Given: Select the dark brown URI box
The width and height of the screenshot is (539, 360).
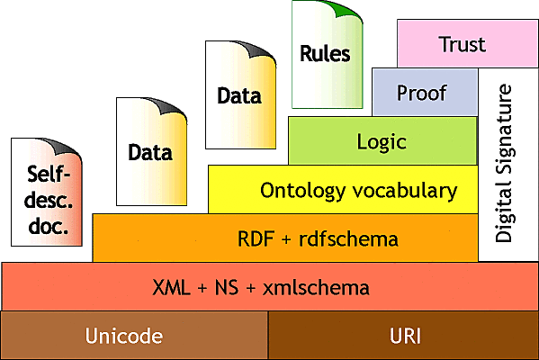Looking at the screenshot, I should [403, 336].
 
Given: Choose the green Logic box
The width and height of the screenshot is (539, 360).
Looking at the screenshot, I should [382, 142].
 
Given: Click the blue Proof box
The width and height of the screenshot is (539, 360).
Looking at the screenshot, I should [422, 94].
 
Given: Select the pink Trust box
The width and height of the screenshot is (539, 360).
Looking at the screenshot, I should [462, 43].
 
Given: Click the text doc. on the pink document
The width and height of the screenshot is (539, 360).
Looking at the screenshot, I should [48, 227].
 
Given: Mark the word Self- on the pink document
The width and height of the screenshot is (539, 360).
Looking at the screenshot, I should [48, 173].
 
